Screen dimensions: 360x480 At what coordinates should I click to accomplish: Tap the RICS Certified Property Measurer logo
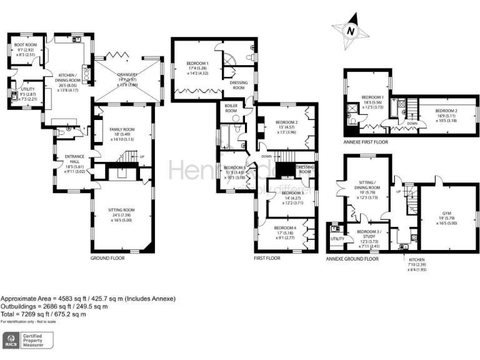27,341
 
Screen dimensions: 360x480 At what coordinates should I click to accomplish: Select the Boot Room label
26,46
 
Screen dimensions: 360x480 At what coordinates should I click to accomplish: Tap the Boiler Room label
231,109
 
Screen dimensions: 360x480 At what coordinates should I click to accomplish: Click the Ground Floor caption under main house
109,257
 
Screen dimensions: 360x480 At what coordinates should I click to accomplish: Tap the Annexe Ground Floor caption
352,258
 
